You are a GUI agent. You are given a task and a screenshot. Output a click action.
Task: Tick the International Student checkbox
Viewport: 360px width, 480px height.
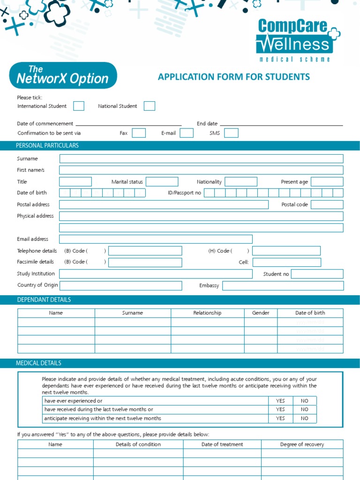pos(79,106)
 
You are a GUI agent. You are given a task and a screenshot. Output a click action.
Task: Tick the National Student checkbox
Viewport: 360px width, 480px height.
pos(150,106)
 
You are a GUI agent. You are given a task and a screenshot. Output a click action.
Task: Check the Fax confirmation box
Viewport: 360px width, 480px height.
pos(139,133)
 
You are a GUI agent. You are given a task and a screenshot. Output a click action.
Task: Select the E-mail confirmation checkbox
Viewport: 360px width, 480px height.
pos(187,133)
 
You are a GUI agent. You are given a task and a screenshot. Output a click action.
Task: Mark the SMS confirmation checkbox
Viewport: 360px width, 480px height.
pos(231,133)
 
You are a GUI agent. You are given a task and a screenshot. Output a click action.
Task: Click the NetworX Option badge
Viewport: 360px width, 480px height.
pos(63,75)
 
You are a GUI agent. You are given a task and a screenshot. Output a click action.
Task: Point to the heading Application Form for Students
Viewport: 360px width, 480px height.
pos(234,77)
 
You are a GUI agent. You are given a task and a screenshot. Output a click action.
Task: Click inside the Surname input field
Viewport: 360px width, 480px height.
pos(201,159)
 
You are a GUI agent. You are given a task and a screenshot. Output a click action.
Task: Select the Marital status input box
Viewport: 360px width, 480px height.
pos(162,182)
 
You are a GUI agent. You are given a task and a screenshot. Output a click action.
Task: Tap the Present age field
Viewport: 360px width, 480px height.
pos(327,182)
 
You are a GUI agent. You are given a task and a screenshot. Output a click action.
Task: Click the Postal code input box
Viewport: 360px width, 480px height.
pos(327,205)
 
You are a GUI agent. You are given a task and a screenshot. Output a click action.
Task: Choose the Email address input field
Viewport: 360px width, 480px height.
pos(156,239)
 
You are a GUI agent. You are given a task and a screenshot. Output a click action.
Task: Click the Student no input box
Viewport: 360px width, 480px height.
pos(317,274)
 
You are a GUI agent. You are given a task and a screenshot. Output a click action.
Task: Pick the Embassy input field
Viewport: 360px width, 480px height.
pos(283,286)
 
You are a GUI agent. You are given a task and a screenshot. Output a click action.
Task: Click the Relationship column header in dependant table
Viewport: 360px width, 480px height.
pos(207,313)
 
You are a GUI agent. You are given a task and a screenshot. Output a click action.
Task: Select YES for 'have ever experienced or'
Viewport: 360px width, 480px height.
pos(280,401)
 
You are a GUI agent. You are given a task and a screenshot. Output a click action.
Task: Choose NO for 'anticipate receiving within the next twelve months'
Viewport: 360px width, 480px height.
pos(305,419)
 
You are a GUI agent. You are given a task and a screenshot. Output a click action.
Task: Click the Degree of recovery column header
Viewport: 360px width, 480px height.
pos(302,444)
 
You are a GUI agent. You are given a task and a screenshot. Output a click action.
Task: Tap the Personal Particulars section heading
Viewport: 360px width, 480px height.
pos(47,146)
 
